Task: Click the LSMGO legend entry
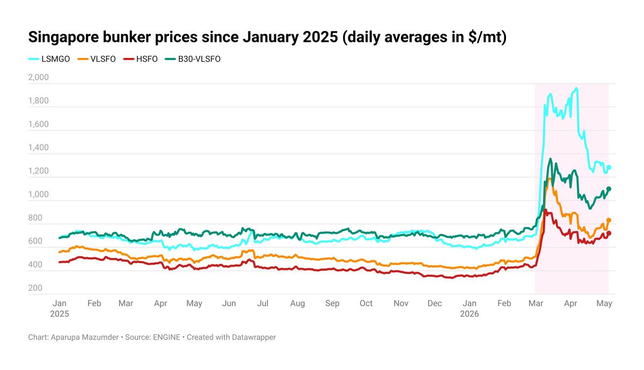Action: point(49,59)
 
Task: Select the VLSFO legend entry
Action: point(97,59)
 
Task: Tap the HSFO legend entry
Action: point(141,59)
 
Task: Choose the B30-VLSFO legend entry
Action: point(193,59)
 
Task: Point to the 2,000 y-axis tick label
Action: point(39,77)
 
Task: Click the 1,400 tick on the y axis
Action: point(39,147)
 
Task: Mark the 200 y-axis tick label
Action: point(35,287)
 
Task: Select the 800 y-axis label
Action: point(35,218)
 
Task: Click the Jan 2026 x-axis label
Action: point(469,308)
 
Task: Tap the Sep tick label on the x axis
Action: point(332,304)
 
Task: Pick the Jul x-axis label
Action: point(262,304)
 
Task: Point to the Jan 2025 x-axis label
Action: point(60,308)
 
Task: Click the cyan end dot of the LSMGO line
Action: point(609,167)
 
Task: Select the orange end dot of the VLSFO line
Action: point(609,220)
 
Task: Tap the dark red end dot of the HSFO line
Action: point(609,233)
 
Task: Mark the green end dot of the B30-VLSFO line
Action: point(609,189)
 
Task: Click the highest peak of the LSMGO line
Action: point(576,88)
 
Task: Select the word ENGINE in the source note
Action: point(167,337)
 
